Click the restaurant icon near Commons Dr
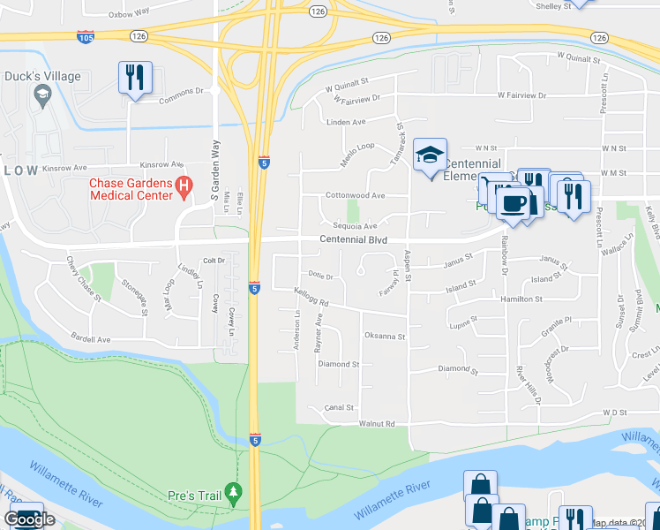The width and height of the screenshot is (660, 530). click(x=135, y=78)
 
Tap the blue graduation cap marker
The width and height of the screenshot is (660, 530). click(x=430, y=155)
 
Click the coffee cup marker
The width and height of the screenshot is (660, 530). click(x=513, y=203)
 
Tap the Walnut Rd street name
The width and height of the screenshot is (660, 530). click(x=377, y=424)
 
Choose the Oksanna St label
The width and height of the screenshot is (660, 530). click(x=384, y=337)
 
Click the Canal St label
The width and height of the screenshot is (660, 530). click(x=339, y=408)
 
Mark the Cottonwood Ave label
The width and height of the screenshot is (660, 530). click(x=356, y=195)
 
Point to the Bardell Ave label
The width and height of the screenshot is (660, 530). click(x=91, y=339)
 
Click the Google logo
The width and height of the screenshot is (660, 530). click(x=30, y=519)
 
